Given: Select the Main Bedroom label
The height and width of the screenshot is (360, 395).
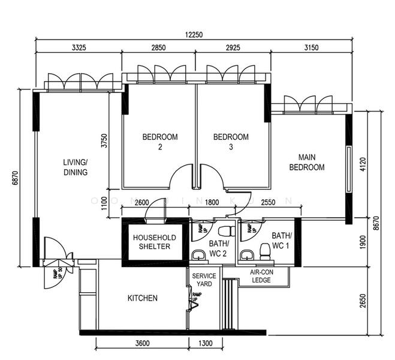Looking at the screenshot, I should pyautogui.click(x=306, y=163).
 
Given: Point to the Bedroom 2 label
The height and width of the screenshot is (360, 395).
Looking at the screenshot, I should pyautogui.click(x=159, y=142).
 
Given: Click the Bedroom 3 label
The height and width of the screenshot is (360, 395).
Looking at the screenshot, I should pyautogui.click(x=231, y=142).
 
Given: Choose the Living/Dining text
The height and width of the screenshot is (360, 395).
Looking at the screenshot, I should pyautogui.click(x=76, y=167).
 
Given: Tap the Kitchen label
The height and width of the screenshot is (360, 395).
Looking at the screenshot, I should pyautogui.click(x=143, y=298).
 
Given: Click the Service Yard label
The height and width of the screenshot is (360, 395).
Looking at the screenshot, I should pyautogui.click(x=203, y=280).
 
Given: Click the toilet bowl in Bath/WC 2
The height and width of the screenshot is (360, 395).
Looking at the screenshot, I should pyautogui.click(x=225, y=230).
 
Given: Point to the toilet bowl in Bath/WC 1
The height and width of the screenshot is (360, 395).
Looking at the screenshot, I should pyautogui.click(x=266, y=248).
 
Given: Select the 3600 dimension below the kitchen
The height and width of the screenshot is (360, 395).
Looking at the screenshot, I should pyautogui.click(x=141, y=344).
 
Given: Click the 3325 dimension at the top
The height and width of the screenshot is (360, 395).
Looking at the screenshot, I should pyautogui.click(x=79, y=47).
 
